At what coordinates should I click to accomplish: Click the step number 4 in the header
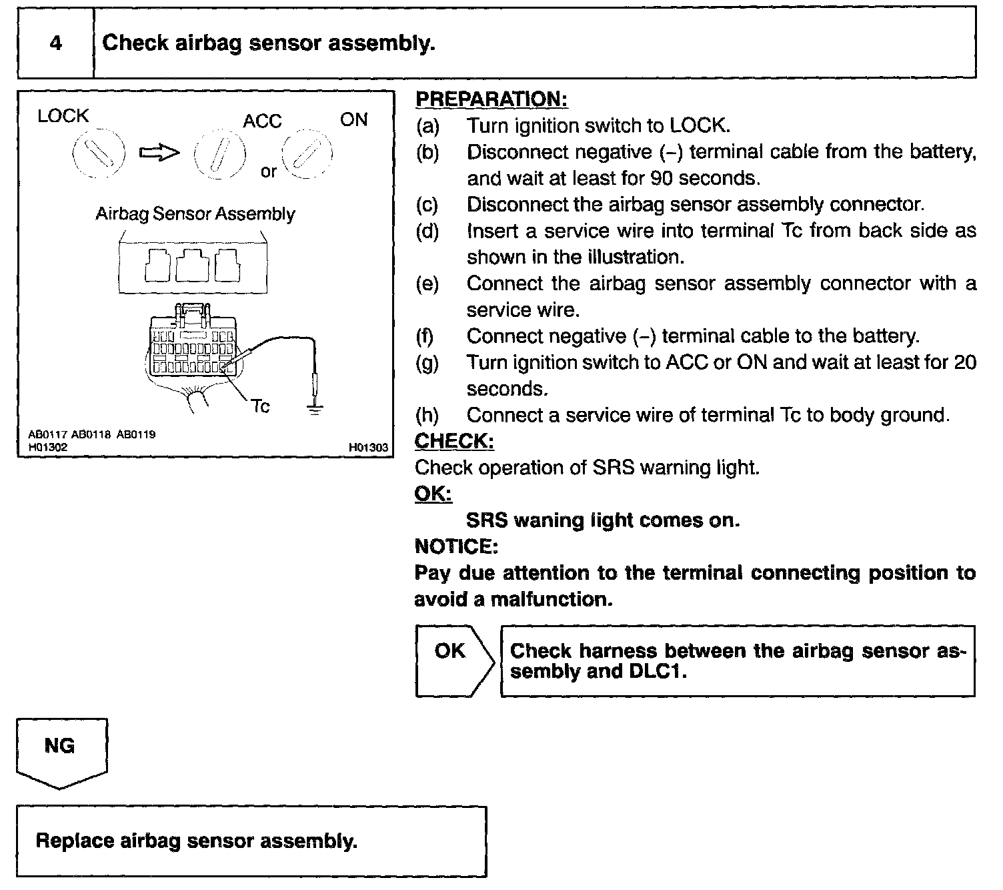(56, 43)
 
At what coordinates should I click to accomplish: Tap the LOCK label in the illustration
(63, 116)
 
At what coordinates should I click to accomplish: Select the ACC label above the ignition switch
(262, 121)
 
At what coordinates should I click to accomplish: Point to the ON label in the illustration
(353, 119)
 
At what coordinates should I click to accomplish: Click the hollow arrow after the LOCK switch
(159, 153)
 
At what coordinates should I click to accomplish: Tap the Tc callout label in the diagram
(260, 406)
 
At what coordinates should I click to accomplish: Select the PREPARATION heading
(491, 99)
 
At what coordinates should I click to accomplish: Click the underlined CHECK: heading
(454, 441)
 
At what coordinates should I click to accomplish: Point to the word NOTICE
(456, 546)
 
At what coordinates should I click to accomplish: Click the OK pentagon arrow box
(453, 660)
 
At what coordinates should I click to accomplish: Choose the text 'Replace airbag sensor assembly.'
(197, 840)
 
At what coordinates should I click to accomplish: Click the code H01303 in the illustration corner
(368, 448)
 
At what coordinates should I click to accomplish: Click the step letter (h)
(427, 415)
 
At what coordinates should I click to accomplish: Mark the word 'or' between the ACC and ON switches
(268, 171)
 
